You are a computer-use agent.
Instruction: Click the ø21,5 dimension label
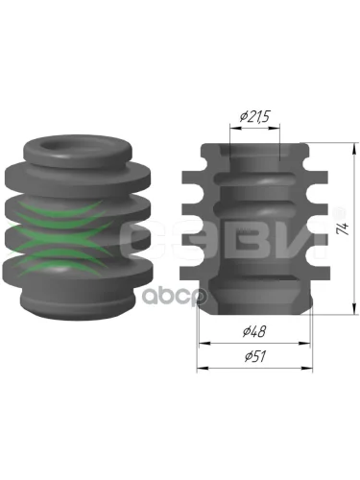tap(255, 117)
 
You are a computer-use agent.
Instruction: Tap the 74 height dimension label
tap(344, 228)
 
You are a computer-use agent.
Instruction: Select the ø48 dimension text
tap(254, 332)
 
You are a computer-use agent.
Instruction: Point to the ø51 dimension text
tap(254, 356)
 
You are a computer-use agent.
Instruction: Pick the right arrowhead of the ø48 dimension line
tap(304, 344)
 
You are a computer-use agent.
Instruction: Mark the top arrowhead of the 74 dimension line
tap(353, 149)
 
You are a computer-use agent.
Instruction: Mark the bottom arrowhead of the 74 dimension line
tap(353, 308)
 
